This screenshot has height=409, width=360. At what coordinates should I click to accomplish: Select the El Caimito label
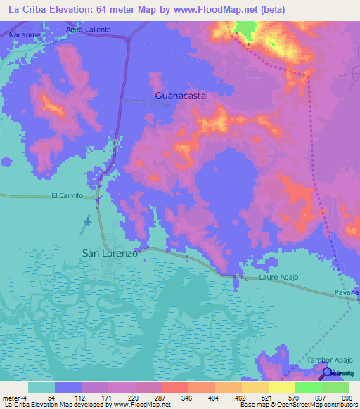[x=67, y=196]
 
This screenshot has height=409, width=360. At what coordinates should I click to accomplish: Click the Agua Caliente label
[x=89, y=30]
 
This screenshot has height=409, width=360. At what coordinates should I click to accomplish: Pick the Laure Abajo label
[x=278, y=278]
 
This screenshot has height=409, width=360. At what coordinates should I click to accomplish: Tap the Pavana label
[x=347, y=291]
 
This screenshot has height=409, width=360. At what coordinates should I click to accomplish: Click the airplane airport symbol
[x=87, y=222]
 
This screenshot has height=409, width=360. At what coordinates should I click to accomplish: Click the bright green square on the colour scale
[x=309, y=387]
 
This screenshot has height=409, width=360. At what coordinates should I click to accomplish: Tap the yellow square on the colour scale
[x=281, y=387]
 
